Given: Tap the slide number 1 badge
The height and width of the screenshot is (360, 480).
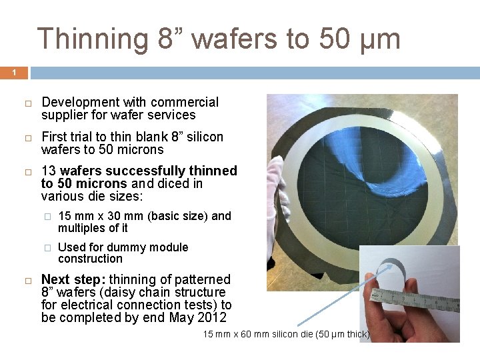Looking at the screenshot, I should point(13,73).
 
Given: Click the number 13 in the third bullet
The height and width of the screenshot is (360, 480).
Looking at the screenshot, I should point(49,171).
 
